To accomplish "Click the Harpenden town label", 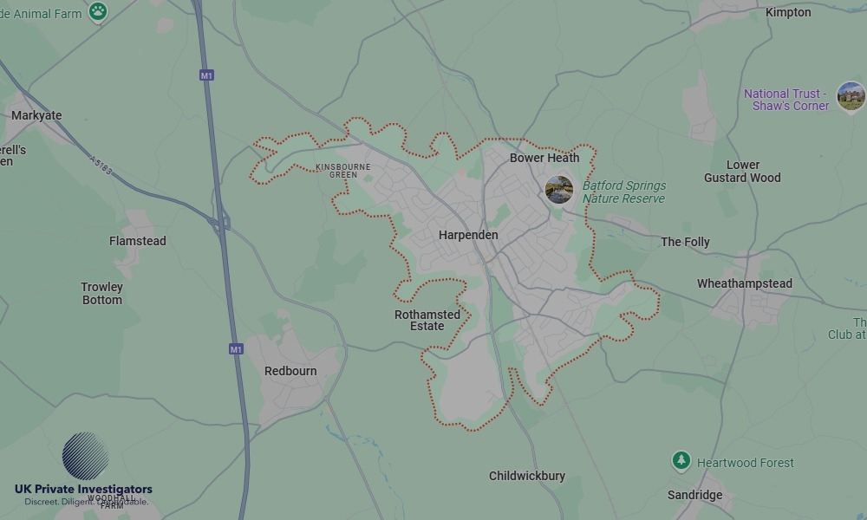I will point(468,235).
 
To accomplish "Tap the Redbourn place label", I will point(290,371).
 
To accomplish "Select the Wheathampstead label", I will point(745,283).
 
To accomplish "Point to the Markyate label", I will point(36,115).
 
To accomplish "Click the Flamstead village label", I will point(138,241).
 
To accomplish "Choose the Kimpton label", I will point(788,12).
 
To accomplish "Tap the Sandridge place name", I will point(694,495).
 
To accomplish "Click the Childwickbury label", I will point(527,476).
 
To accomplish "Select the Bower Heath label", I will point(544,158).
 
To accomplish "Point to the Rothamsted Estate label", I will point(427,321).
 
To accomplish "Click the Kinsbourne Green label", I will point(342,171).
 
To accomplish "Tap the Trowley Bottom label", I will point(102,294).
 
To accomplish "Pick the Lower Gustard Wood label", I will point(742,171).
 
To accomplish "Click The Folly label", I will point(685,242).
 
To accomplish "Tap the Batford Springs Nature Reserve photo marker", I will point(559,190).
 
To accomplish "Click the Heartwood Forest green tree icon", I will point(681,461).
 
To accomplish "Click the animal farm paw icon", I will point(98,12).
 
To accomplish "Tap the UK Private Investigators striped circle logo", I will point(86,456).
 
